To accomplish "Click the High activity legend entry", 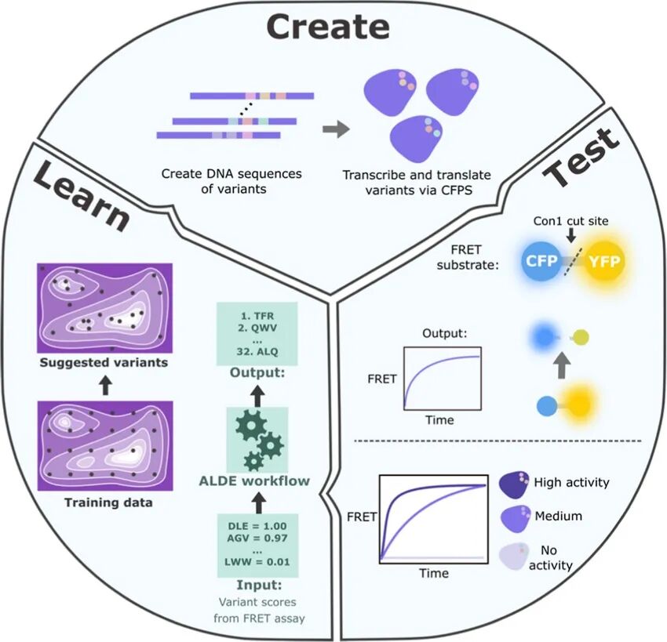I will [570, 482].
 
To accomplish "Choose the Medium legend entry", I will [559, 517].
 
